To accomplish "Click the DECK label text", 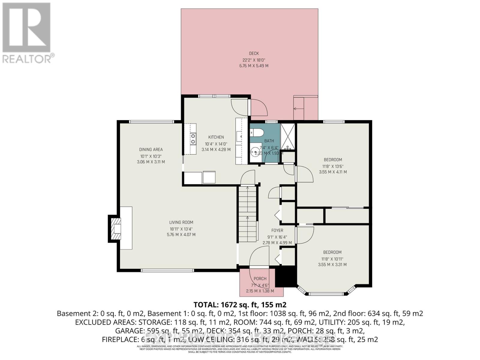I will (x=253, y=53).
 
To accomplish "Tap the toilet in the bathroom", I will (x=257, y=132).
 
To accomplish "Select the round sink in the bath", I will (x=256, y=152).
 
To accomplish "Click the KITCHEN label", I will (x=216, y=137).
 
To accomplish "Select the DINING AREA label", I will (x=151, y=149).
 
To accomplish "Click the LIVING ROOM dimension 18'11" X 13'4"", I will (x=181, y=229).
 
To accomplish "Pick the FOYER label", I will (x=277, y=230).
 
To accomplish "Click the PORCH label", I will (x=260, y=279).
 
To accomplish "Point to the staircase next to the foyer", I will (x=248, y=214).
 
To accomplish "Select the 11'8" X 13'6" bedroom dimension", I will (x=333, y=166).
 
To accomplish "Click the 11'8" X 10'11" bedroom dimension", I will (x=332, y=259).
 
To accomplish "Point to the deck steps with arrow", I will (x=299, y=108).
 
